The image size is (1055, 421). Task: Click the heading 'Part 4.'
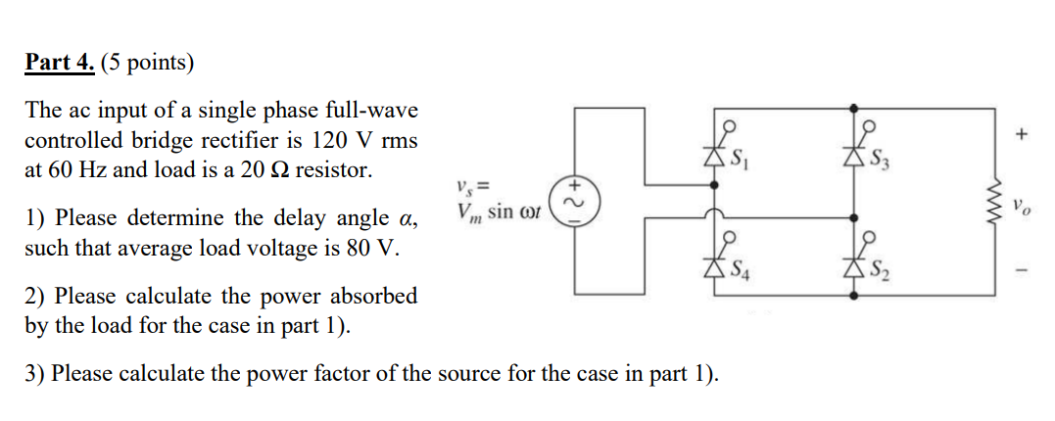pos(59,64)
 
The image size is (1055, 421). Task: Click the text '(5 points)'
pos(148,64)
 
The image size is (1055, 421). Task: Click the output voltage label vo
pos(1025,207)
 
